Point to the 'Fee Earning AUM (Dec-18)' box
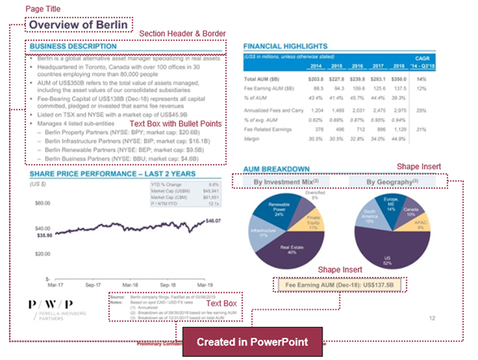click(339, 285)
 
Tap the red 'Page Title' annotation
click(43, 8)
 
